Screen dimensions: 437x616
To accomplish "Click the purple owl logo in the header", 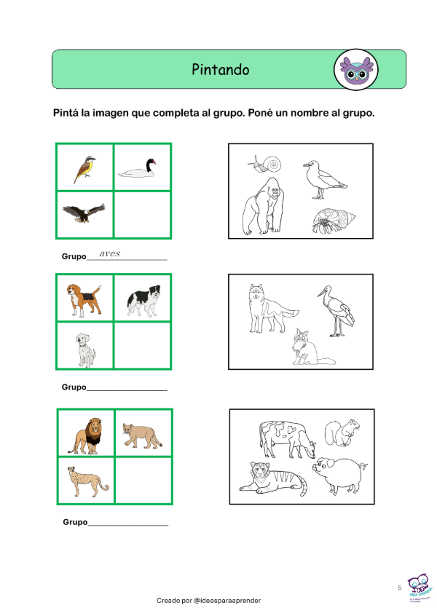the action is coord(356,70).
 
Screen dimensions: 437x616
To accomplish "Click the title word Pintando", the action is coord(221,69).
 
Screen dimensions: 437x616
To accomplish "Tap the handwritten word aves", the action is coord(110,253).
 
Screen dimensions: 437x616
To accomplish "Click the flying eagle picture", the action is coord(84,213).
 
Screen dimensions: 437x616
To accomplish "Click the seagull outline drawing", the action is coord(325,180).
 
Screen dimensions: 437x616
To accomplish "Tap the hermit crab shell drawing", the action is coord(334,221).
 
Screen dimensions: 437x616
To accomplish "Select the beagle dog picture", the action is coord(84,300).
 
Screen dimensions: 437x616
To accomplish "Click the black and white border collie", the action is coord(143,301).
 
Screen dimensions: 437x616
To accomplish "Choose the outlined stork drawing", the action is coord(336,311).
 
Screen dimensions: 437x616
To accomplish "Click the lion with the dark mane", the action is coord(87,436).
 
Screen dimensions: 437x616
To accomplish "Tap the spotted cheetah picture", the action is coord(87,482).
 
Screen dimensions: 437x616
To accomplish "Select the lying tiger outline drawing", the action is coord(272,478).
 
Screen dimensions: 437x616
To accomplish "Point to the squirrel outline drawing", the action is coord(342,433).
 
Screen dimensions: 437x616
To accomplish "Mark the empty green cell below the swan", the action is coord(142,215).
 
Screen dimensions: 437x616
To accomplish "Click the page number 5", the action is coord(400,588).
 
